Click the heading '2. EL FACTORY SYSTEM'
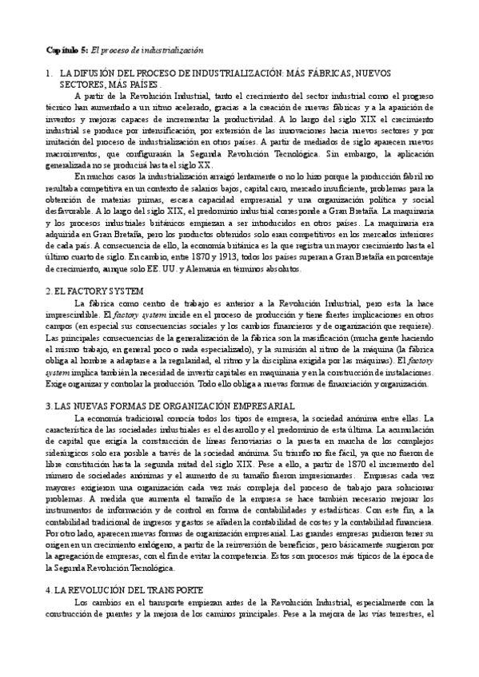click(x=95, y=291)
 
